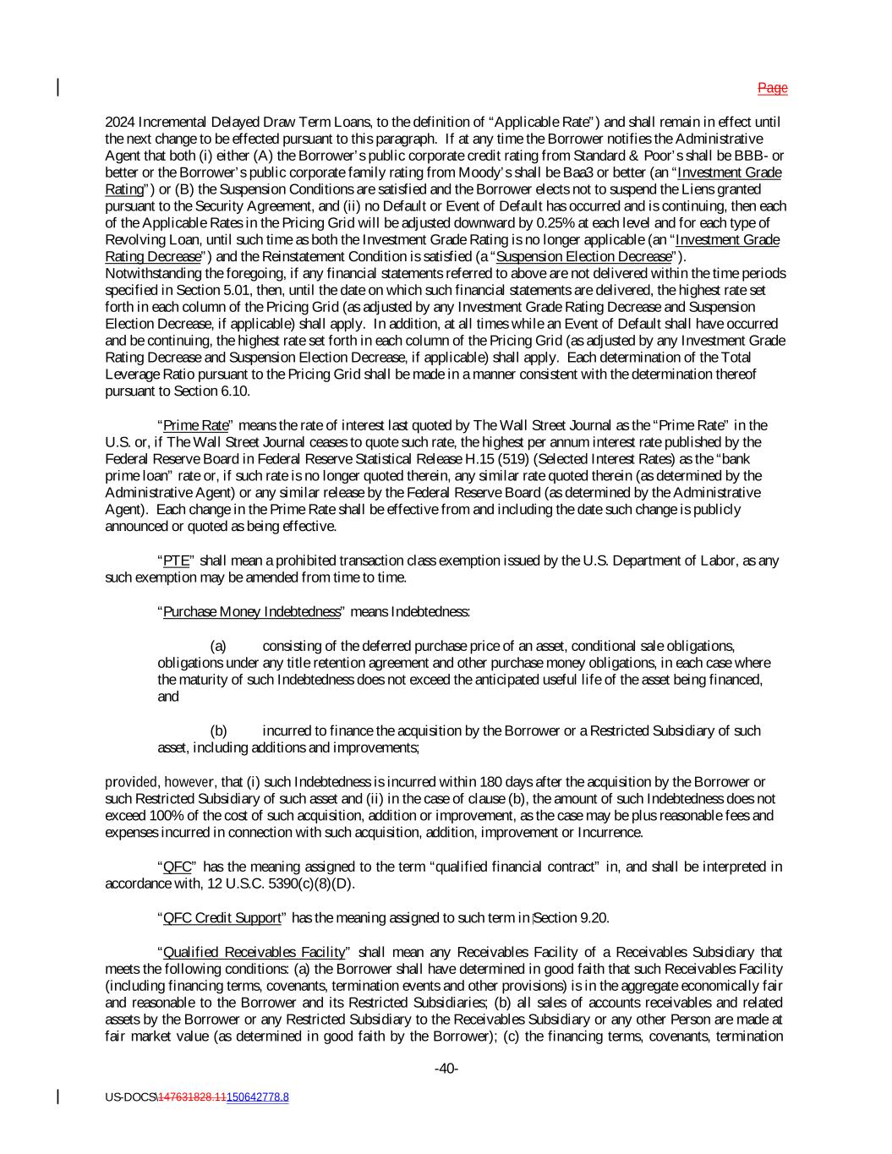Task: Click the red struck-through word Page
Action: (772, 88)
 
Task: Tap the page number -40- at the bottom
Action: (446, 1069)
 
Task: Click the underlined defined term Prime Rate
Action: (195, 425)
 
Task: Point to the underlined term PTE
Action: (176, 561)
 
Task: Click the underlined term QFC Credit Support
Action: (222, 917)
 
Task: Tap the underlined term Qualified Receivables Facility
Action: (254, 952)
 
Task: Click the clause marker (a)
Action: (218, 646)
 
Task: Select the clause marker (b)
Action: (218, 730)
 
